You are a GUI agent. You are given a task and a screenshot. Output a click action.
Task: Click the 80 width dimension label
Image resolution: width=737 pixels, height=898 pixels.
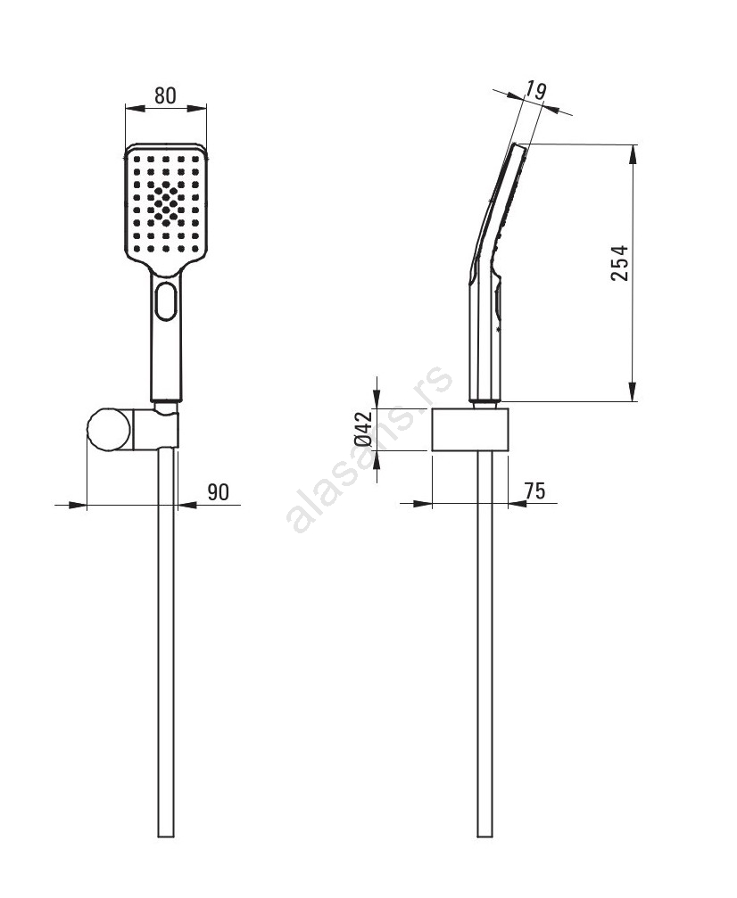[x=165, y=95]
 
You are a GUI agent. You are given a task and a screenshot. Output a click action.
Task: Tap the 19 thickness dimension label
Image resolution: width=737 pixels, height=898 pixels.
[x=535, y=92]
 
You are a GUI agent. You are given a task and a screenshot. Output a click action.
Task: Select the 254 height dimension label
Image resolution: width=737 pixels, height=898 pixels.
[x=619, y=263]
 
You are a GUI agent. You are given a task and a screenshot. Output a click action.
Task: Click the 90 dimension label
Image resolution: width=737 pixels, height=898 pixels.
[x=218, y=491]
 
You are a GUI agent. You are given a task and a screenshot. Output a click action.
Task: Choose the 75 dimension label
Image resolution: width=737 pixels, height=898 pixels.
[x=534, y=490]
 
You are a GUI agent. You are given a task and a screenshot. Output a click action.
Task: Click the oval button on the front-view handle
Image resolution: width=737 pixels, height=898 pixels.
[x=166, y=301]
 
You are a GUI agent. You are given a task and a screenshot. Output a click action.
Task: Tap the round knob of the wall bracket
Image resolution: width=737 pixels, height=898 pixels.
[x=109, y=430]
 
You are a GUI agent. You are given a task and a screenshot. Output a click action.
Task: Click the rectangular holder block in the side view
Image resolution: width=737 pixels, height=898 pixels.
[x=469, y=430]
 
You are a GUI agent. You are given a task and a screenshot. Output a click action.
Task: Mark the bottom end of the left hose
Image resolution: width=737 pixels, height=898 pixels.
[x=166, y=836]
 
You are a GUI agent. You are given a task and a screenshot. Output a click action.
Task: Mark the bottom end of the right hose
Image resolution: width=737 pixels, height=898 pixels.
[x=484, y=836]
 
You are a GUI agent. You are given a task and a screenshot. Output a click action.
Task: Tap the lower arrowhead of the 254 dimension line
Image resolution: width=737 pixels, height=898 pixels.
[x=633, y=391]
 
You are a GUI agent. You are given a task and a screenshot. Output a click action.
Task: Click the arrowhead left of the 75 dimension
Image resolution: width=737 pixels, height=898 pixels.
[x=421, y=504]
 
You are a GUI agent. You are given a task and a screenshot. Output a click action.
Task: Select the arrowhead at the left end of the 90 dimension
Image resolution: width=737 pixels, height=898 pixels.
[x=77, y=505]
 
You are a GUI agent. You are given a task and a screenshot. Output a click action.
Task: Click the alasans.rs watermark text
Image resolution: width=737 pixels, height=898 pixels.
[x=369, y=449]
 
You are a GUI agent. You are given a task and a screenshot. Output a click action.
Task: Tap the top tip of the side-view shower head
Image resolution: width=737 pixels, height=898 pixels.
[x=518, y=144]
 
